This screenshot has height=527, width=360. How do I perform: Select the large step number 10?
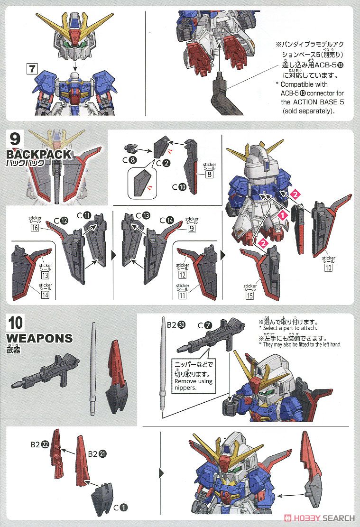(16, 324)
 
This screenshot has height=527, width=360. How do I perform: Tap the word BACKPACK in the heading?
(39, 155)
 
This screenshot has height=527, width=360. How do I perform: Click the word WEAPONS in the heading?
(40, 338)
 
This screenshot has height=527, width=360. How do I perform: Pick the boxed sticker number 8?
(209, 174)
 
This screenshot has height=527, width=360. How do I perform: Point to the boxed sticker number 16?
(35, 228)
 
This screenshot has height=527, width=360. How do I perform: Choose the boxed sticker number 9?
(192, 228)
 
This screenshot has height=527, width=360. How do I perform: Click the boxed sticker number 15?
(250, 296)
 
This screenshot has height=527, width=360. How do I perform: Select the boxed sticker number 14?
(45, 295)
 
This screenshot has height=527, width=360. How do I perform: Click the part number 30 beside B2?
(182, 324)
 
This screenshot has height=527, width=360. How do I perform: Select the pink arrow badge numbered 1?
(283, 215)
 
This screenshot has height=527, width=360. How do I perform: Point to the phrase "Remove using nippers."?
(194, 384)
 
